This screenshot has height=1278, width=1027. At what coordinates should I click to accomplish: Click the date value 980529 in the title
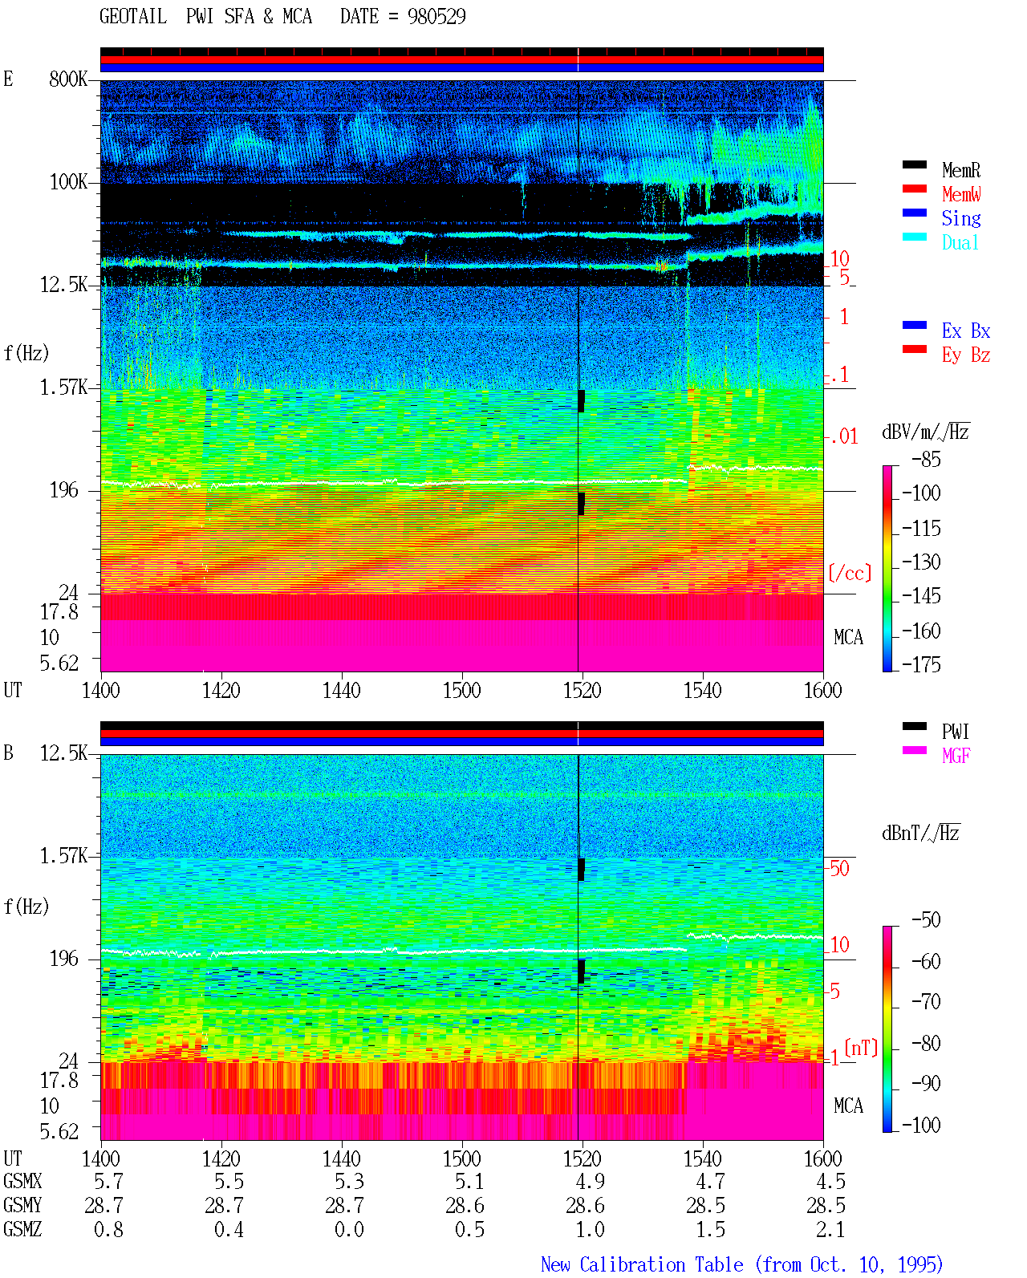(436, 17)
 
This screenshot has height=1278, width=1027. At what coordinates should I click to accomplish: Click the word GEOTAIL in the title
(133, 17)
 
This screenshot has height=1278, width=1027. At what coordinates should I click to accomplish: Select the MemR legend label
(961, 170)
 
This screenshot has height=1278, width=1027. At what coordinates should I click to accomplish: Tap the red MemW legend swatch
(914, 189)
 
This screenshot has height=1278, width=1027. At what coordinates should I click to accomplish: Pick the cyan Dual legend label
(960, 243)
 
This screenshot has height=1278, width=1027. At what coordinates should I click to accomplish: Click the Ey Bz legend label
(966, 355)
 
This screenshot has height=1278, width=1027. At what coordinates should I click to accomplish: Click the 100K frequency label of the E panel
(68, 182)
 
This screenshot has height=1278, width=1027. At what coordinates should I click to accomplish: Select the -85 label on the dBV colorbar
(926, 460)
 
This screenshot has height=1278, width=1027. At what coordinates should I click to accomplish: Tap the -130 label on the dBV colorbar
(921, 562)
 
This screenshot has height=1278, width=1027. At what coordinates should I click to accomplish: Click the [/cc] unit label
(850, 573)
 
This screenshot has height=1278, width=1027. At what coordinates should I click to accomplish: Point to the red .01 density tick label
(844, 437)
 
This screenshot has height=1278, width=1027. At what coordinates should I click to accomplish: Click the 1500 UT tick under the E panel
(461, 690)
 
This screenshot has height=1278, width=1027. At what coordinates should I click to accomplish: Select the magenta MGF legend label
(956, 756)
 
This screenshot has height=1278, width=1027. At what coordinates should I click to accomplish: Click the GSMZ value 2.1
(830, 1229)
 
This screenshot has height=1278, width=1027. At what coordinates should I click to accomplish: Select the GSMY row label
(22, 1205)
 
